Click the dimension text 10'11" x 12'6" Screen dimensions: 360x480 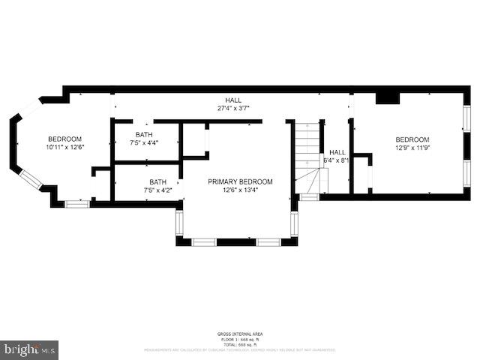pos(64,147)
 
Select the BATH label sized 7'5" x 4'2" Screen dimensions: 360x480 pos(157,190)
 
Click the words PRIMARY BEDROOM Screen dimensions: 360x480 pos(240,181)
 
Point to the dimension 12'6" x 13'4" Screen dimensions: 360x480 pos(240,190)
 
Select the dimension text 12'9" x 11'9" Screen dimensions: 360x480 pos(412,148)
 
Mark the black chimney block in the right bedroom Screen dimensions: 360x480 pos(388,97)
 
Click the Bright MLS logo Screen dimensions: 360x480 pos(29,349)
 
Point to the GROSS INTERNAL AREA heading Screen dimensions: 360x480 pos(240,334)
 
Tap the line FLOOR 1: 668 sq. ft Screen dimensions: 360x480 pos(240,338)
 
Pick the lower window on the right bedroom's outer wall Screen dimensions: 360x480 pos(466,171)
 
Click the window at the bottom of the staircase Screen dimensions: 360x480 pos(309,197)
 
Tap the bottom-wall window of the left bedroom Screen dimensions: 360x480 pos(76,203)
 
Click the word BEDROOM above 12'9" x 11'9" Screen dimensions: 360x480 pos(412,139)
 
